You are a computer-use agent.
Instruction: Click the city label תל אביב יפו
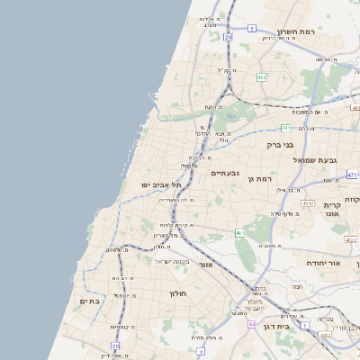click(x=161, y=184)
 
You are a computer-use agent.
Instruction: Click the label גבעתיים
click(x=224, y=172)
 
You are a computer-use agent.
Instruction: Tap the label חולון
click(x=175, y=293)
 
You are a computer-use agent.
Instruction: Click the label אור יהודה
click(x=320, y=262)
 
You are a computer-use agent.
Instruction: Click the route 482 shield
click(x=261, y=78)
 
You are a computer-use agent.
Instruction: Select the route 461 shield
click(x=240, y=234)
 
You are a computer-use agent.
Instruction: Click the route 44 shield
click(x=252, y=323)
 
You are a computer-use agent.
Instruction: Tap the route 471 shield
click(x=352, y=175)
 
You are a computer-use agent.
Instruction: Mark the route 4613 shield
click(x=309, y=204)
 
